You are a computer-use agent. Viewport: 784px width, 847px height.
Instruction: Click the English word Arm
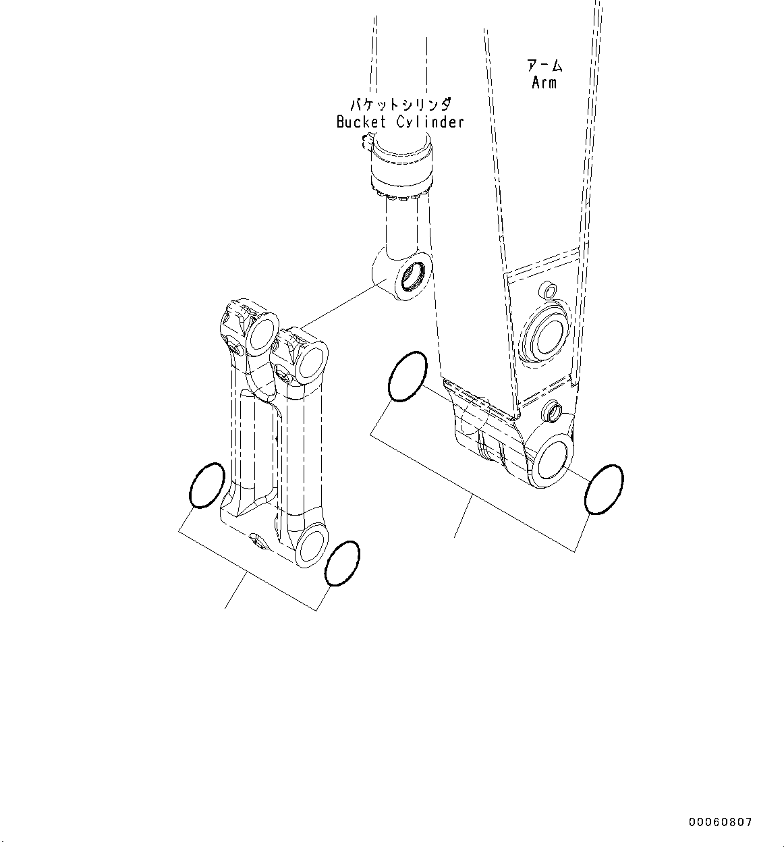pos(544,83)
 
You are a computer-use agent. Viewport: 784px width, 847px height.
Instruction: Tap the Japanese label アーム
pos(544,65)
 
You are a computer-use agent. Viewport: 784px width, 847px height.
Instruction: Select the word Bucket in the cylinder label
pos(361,122)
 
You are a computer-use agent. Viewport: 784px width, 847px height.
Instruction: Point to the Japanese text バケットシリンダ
pos(400,105)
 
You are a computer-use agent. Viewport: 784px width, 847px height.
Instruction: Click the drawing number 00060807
pos(719,822)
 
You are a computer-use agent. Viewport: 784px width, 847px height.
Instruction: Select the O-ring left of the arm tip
pos(408,377)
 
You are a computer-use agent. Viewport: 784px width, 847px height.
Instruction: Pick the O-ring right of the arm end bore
pos(604,489)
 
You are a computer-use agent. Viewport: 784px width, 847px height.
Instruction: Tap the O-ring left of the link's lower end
pos(206,485)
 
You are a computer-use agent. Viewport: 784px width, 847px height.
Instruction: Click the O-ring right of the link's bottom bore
pos(342,564)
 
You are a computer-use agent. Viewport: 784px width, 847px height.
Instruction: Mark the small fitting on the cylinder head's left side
pos(367,140)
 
